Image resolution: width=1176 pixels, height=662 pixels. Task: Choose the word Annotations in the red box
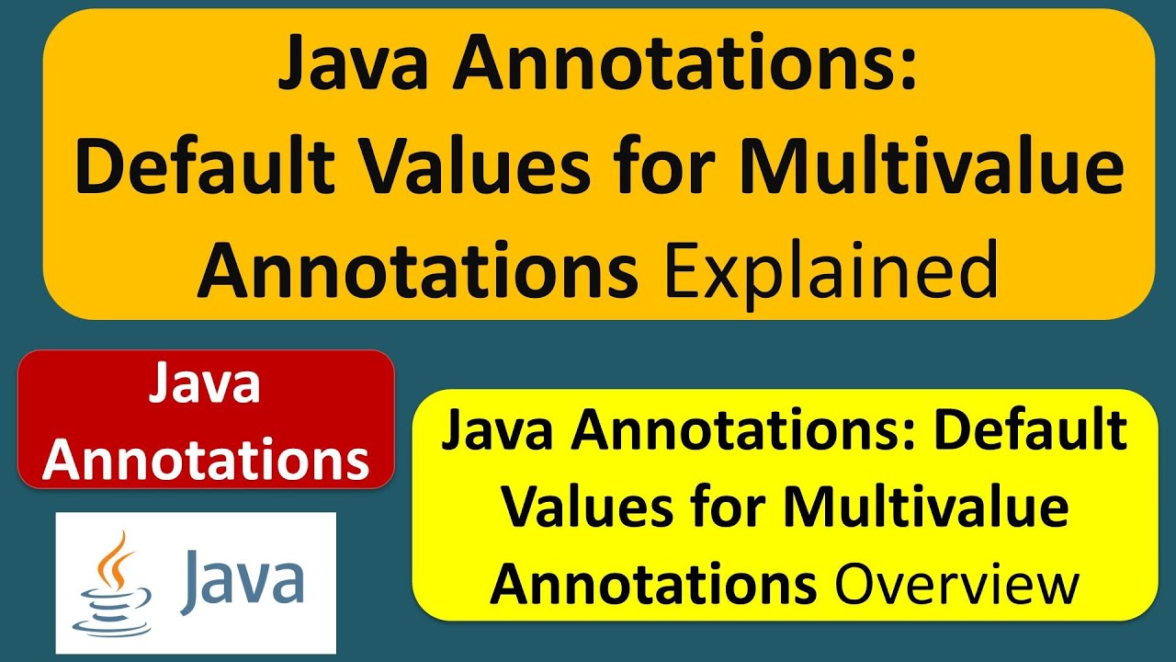tap(206, 460)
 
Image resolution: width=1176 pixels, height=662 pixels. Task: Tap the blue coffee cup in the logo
tap(107, 607)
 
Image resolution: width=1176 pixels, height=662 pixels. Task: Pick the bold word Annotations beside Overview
tap(653, 585)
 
